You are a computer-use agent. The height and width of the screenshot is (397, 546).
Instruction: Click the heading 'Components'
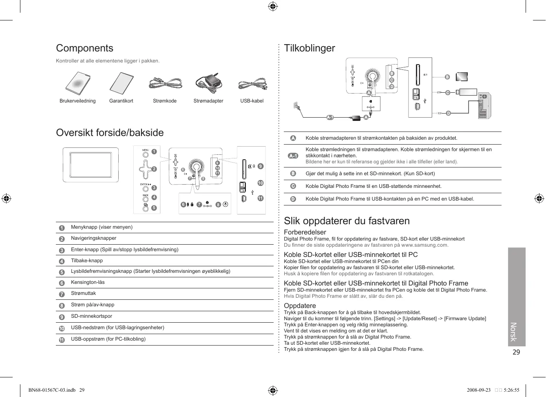pyautogui.click(x=84, y=48)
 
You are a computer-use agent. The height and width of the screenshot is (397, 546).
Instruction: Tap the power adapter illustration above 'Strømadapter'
pyautogui.click(x=209, y=83)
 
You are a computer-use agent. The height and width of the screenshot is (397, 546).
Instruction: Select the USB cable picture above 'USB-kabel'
pyautogui.click(x=252, y=84)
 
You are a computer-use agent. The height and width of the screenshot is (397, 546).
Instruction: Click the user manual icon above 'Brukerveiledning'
pyautogui.click(x=78, y=83)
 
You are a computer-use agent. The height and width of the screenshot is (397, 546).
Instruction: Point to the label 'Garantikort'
pyautogui.click(x=121, y=101)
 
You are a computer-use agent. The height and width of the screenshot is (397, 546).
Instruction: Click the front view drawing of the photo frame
pyautogui.click(x=91, y=165)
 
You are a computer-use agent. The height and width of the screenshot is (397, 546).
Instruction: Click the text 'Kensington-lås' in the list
pyautogui.click(x=88, y=282)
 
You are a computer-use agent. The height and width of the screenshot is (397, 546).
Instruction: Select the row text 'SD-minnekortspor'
pyautogui.click(x=91, y=316)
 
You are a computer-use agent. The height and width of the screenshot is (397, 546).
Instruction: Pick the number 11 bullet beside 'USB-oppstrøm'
pyautogui.click(x=62, y=340)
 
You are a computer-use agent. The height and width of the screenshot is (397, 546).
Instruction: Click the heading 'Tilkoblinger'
pyautogui.click(x=309, y=48)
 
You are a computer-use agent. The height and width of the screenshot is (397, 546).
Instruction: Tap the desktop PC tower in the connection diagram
pyautogui.click(x=484, y=105)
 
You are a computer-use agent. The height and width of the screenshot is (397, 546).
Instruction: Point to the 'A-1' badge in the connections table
pyautogui.click(x=293, y=156)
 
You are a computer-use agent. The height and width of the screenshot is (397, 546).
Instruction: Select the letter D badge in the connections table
pyautogui.click(x=293, y=199)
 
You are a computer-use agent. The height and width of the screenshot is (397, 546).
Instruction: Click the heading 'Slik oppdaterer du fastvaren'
pyautogui.click(x=347, y=221)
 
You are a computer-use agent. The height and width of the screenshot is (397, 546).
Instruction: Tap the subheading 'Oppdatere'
pyautogui.click(x=300, y=306)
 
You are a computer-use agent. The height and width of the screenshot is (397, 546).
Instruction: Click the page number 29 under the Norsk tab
pyautogui.click(x=516, y=352)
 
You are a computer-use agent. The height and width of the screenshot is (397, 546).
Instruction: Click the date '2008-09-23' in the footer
pyautogui.click(x=479, y=390)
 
